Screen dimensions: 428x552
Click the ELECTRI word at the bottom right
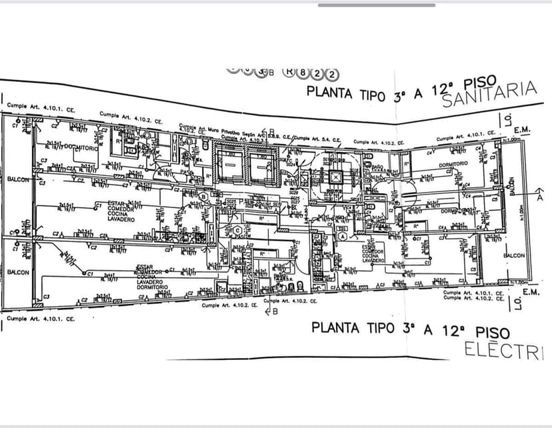point(504,350)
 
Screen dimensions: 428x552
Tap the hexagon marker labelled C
point(237,231)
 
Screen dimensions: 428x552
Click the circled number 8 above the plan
point(303,73)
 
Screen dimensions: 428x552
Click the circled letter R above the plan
point(289,72)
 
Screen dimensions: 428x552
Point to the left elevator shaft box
point(228,164)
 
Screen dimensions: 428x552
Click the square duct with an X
point(335,178)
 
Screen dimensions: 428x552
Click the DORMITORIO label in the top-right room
point(453,163)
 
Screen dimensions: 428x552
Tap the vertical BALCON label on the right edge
point(513,185)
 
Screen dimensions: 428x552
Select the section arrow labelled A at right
point(539,197)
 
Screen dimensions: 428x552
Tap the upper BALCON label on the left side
point(17,179)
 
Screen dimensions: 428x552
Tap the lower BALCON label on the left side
point(17,272)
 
